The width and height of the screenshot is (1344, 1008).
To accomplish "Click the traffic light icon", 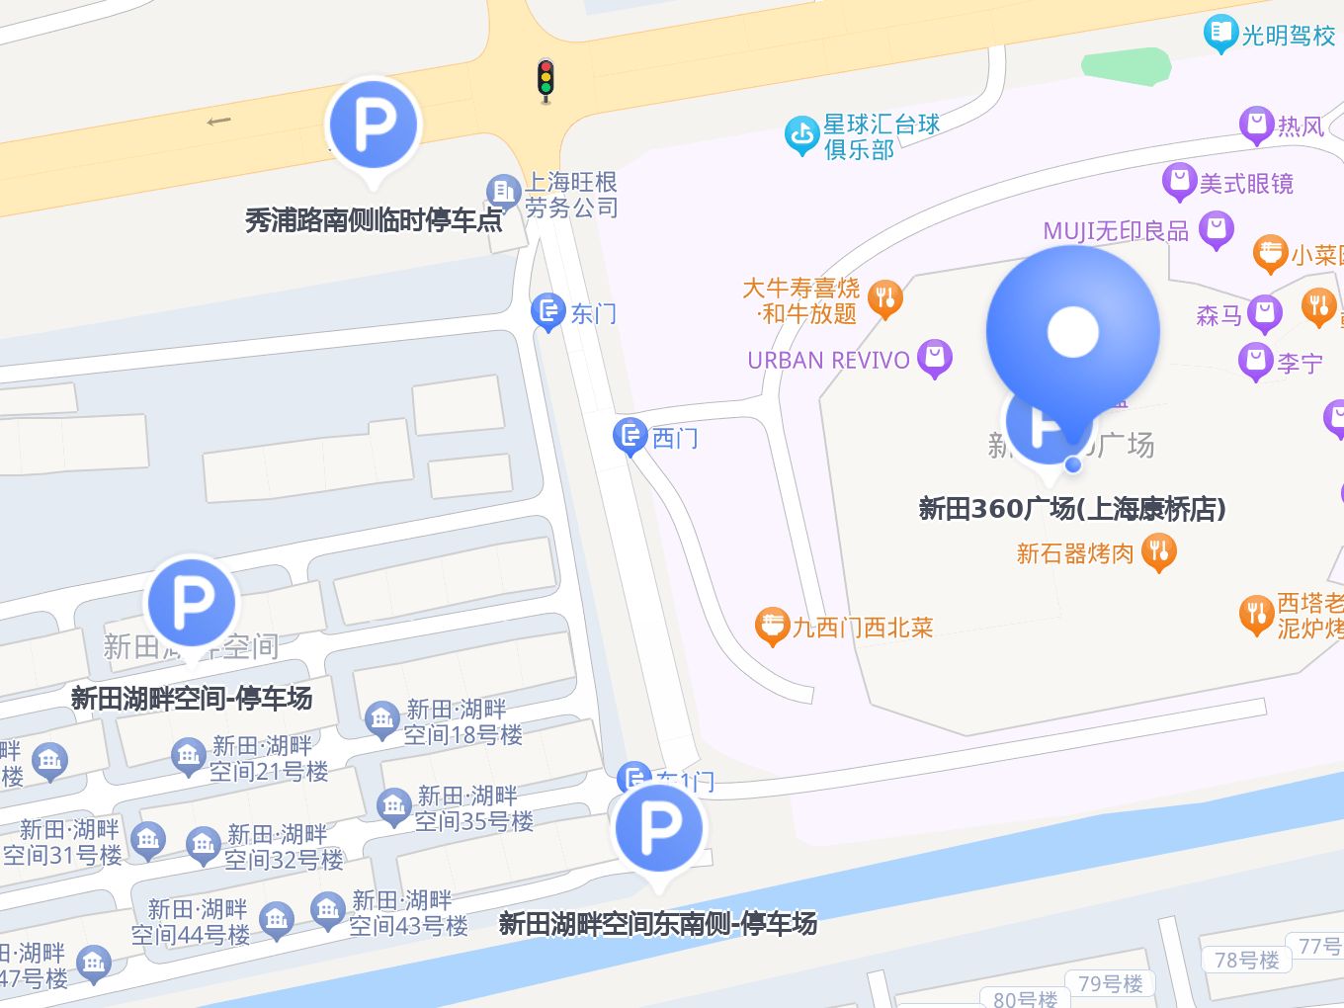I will point(545,80).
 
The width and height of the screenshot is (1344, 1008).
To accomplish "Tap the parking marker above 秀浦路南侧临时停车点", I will point(374,126).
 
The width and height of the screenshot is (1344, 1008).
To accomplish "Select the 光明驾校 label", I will point(1288,36).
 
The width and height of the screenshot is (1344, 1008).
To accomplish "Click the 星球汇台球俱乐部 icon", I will point(800,136).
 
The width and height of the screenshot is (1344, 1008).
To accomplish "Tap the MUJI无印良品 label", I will point(1116,231).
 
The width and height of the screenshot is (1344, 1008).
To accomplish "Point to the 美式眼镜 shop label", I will point(1245,183).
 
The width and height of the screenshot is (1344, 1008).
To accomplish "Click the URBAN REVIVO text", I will point(828,360).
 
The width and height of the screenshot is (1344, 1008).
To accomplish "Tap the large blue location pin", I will point(1072,332).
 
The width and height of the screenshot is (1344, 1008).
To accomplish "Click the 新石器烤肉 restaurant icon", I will point(1159,552).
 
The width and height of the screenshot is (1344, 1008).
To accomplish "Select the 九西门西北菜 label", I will point(862,628).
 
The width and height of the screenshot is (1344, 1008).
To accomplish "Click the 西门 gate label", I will point(675,437).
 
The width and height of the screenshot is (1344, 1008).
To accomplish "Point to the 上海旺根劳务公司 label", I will point(570,195).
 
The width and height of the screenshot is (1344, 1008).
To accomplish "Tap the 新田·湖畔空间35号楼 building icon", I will point(393,806).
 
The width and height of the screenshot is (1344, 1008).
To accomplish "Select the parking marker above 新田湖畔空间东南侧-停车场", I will point(659,828).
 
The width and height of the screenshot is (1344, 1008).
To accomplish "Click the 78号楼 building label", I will point(1246,960).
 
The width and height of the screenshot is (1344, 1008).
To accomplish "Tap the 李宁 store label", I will point(1299,363).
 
